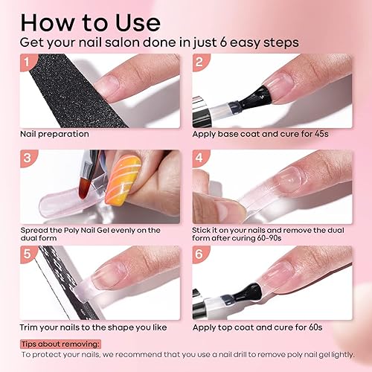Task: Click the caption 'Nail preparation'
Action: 55,135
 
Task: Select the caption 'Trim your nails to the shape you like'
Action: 92,327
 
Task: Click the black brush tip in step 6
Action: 243,293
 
